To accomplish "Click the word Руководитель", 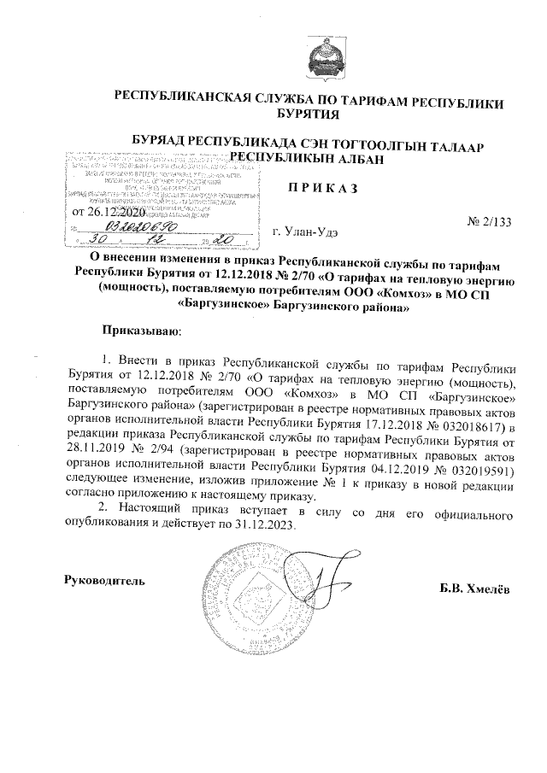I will pos(105,580).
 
